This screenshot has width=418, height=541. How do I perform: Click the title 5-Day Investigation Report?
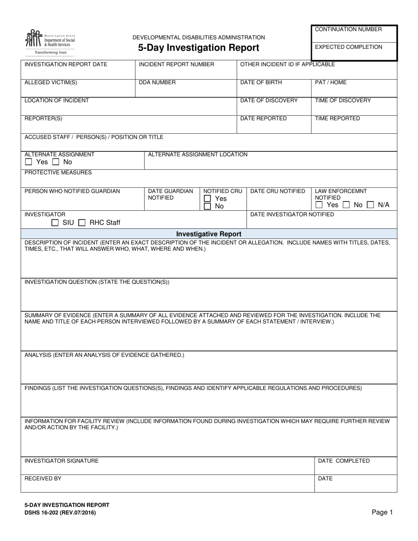(x=198, y=48)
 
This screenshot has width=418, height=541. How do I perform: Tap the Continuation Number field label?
(x=348, y=29)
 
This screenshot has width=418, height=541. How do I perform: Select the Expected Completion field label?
(x=348, y=47)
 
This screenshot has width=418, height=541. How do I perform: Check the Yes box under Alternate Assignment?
(x=29, y=162)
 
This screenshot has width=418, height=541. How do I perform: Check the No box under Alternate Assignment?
(x=56, y=162)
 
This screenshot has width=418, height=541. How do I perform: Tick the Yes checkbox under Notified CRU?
(x=207, y=199)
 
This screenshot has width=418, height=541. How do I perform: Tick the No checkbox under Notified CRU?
(x=207, y=206)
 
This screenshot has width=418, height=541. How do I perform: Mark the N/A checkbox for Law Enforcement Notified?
(x=370, y=205)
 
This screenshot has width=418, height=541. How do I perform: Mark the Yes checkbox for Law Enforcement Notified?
(x=319, y=205)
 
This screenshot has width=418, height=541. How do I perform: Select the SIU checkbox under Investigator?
(x=55, y=223)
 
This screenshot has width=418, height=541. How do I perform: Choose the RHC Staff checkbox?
(x=82, y=223)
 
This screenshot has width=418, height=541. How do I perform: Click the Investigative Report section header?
(x=209, y=234)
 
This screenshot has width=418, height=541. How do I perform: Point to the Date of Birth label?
(x=261, y=83)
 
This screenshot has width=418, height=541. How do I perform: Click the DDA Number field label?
(x=157, y=83)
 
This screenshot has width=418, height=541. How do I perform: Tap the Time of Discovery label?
(x=343, y=101)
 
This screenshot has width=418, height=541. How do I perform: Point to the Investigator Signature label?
(x=62, y=461)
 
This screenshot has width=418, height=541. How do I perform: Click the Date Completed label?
(x=344, y=461)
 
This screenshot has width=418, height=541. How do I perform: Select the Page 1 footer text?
(x=382, y=512)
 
